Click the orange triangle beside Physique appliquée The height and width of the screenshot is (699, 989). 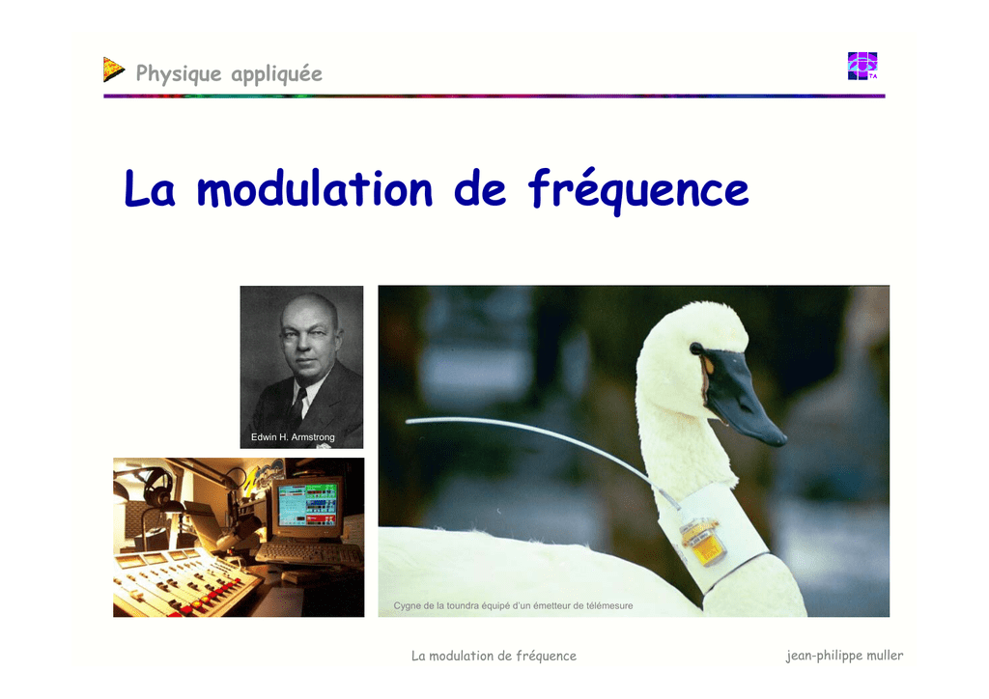(x=114, y=70)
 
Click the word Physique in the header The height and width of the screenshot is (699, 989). (x=179, y=74)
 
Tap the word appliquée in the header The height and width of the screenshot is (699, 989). (x=277, y=74)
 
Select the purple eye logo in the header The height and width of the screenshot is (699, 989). (x=862, y=67)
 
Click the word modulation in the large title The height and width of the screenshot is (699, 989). (x=315, y=189)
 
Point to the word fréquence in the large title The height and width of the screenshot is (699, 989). (x=638, y=190)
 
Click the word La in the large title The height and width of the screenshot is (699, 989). (x=150, y=188)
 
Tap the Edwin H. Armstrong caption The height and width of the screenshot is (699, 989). (x=293, y=436)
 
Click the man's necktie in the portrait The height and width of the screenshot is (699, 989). (x=297, y=405)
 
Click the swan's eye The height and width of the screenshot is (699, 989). (x=696, y=348)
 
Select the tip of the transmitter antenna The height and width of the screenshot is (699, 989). (x=407, y=420)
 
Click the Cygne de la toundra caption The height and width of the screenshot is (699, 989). (x=513, y=605)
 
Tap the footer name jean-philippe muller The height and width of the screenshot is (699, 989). (x=844, y=656)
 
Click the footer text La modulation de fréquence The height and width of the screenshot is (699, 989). (x=494, y=657)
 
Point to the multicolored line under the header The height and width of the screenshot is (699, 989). (x=494, y=96)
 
